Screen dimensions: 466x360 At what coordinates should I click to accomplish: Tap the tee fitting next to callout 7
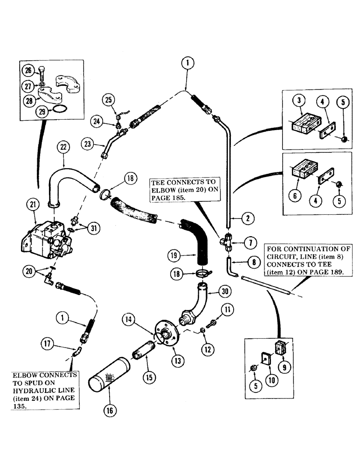(x=227, y=242)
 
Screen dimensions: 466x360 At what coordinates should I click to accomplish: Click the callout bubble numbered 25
(x=109, y=100)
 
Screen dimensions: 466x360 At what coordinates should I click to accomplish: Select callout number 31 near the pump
(x=94, y=227)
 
